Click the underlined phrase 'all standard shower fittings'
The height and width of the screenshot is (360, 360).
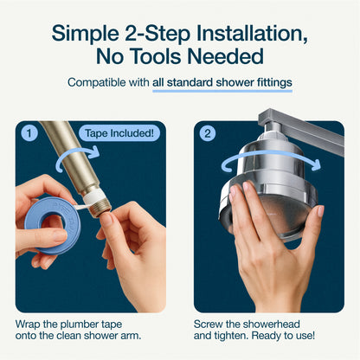[222, 84]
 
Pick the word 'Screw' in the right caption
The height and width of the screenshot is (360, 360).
[211, 323]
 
